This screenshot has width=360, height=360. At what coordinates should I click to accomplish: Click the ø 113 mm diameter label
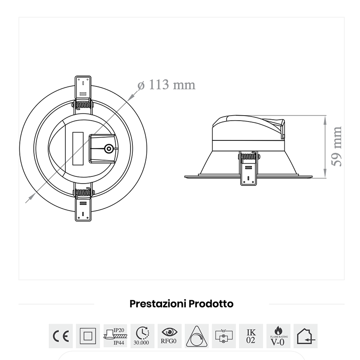[166, 85]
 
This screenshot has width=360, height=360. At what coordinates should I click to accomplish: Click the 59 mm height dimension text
[336, 146]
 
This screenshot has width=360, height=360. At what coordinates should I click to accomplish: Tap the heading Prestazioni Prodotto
[181, 304]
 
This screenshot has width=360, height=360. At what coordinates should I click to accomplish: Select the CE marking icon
[60, 336]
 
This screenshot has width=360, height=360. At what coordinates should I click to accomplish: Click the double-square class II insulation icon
[88, 336]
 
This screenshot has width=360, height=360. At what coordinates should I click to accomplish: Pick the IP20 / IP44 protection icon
[115, 336]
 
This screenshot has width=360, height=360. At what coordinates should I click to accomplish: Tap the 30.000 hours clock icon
[142, 336]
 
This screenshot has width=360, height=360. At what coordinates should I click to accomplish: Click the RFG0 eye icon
[170, 336]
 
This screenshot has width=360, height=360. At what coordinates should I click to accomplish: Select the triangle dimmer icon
[197, 336]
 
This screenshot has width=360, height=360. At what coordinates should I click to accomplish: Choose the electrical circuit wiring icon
[224, 336]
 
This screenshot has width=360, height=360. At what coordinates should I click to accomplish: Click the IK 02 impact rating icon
[251, 336]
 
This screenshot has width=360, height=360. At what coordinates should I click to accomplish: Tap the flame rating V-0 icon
[278, 336]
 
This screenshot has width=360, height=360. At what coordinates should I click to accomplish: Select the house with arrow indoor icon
[306, 336]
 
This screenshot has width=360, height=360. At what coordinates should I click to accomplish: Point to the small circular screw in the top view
[108, 149]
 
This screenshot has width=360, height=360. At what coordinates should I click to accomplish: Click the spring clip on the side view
[248, 167]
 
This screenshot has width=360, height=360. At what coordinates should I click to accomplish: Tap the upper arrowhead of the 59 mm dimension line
[325, 118]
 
